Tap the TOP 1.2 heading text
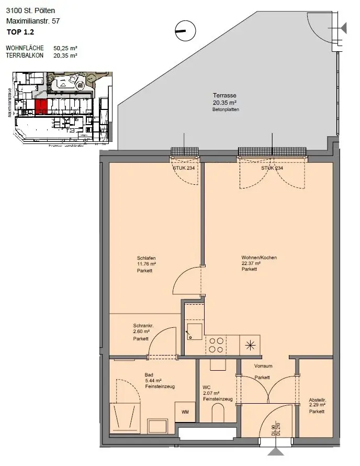point(20,32)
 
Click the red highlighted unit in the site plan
point(41,106)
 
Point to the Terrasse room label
point(224,95)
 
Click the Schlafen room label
point(147,258)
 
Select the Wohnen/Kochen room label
point(259,258)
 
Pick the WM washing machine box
point(185,412)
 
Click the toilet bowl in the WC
point(218,414)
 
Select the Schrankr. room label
point(142,325)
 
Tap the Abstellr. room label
point(317,398)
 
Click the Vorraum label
point(263,366)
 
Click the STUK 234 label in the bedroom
point(183,168)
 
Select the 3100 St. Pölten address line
point(30,10)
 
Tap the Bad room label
point(149,375)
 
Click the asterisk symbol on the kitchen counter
point(250,345)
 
